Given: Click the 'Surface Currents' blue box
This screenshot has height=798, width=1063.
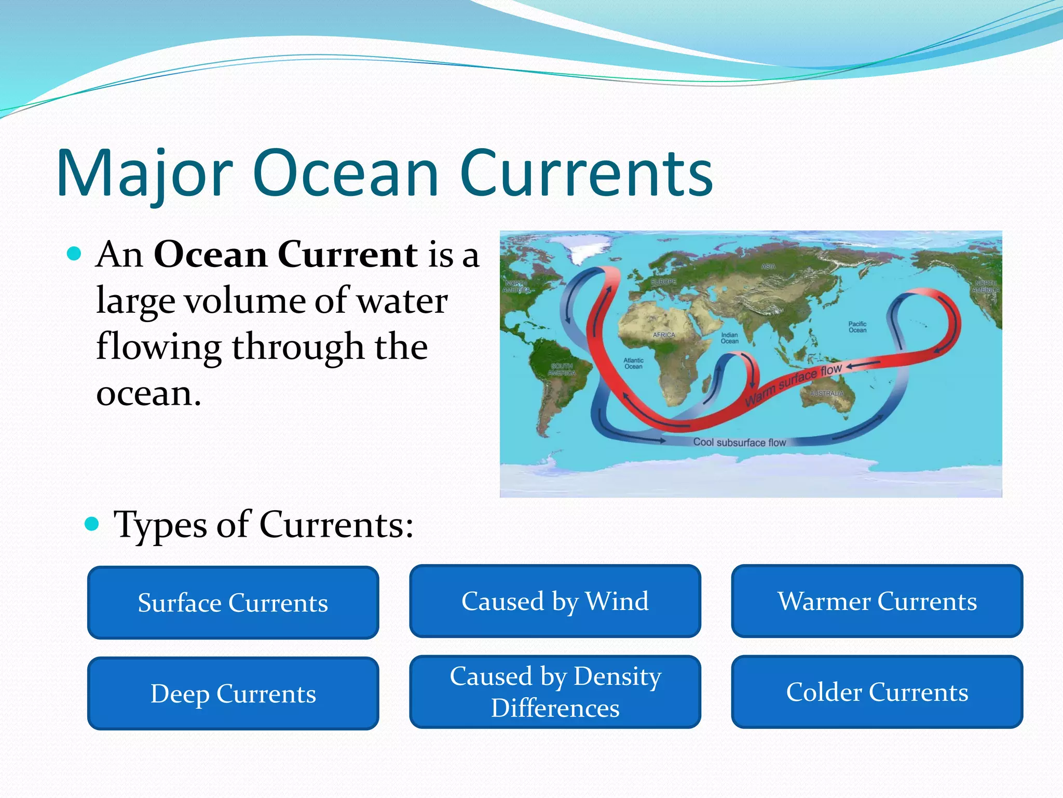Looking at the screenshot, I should click(233, 603).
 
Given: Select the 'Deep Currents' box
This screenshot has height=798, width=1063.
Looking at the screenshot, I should click(233, 694).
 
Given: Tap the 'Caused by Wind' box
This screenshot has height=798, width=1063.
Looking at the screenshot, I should click(555, 601).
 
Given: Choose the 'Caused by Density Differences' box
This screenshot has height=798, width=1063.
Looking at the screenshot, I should click(555, 692).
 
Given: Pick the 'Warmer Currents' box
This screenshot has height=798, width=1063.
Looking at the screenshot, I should click(877, 601).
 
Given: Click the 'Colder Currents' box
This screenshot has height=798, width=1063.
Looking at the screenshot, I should click(877, 692).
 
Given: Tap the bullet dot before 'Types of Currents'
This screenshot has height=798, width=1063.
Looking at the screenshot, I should click(91, 524).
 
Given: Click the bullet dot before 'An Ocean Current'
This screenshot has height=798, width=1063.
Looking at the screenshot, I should click(75, 254).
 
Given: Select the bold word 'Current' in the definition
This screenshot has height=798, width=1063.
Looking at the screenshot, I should click(347, 255).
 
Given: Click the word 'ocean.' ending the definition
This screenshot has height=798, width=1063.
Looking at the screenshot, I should click(148, 393).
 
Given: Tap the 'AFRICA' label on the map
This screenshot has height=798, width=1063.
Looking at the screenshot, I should click(664, 335).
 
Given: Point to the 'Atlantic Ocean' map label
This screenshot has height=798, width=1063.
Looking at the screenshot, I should click(633, 363).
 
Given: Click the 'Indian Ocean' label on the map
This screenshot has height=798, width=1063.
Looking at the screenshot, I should click(729, 338).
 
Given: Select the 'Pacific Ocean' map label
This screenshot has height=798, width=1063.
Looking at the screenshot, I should click(857, 327).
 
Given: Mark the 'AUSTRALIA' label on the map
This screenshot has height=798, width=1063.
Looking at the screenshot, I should click(827, 393).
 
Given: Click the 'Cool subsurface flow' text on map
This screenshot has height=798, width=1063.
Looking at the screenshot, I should click(740, 442).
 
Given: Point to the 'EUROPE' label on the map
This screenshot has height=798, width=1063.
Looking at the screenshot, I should click(664, 282).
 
